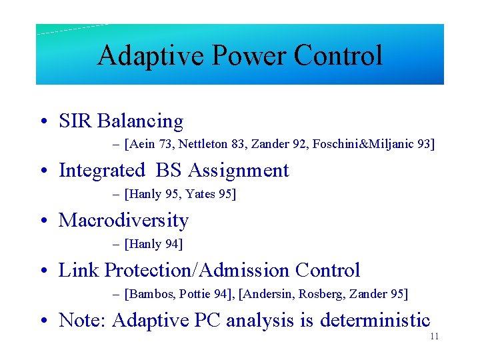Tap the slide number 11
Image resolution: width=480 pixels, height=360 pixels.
tap(434, 337)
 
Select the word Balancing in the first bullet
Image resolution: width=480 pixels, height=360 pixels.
tap(140, 121)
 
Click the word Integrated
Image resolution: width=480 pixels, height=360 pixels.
tap(102, 171)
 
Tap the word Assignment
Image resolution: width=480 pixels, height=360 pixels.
tap(239, 171)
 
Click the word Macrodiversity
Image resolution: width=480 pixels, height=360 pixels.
tap(124, 221)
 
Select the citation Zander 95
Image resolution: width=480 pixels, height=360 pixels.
tap(383, 294)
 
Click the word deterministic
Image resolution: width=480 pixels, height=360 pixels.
tap(375, 321)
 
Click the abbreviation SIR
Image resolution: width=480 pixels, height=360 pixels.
tap(75, 121)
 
